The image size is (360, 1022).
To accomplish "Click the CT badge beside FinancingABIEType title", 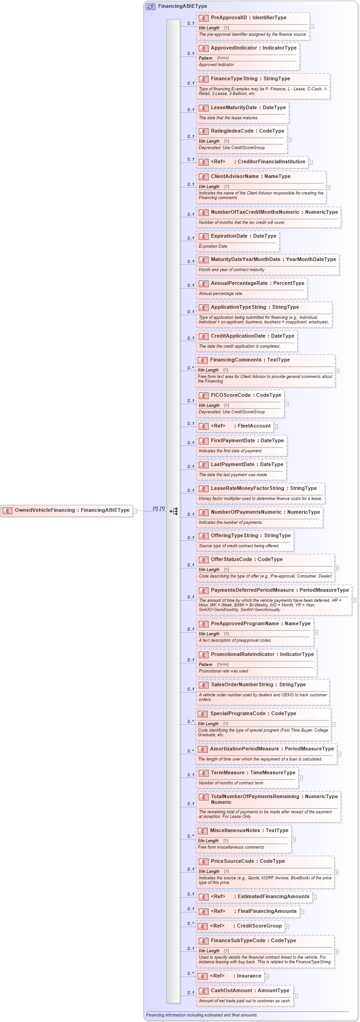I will tap(150, 6).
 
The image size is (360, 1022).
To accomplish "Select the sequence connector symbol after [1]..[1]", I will tap(174, 511).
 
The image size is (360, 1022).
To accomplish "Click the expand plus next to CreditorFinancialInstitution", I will tap(310, 162).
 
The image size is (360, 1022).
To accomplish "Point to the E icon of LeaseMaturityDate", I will tap(203, 108).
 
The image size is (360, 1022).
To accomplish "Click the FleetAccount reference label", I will tap(254, 426).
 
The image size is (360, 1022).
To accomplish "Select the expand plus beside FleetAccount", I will tap(276, 427).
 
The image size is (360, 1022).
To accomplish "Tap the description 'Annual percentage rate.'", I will tap(221, 294).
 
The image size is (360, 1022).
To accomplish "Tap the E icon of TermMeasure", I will tap(203, 773).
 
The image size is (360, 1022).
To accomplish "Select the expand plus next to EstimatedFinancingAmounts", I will tap(315, 897).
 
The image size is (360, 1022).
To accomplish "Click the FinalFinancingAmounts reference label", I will tap(267, 911).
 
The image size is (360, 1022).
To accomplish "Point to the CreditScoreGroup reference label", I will tap(259, 926).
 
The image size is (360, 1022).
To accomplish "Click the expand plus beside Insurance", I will tap(266, 976).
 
